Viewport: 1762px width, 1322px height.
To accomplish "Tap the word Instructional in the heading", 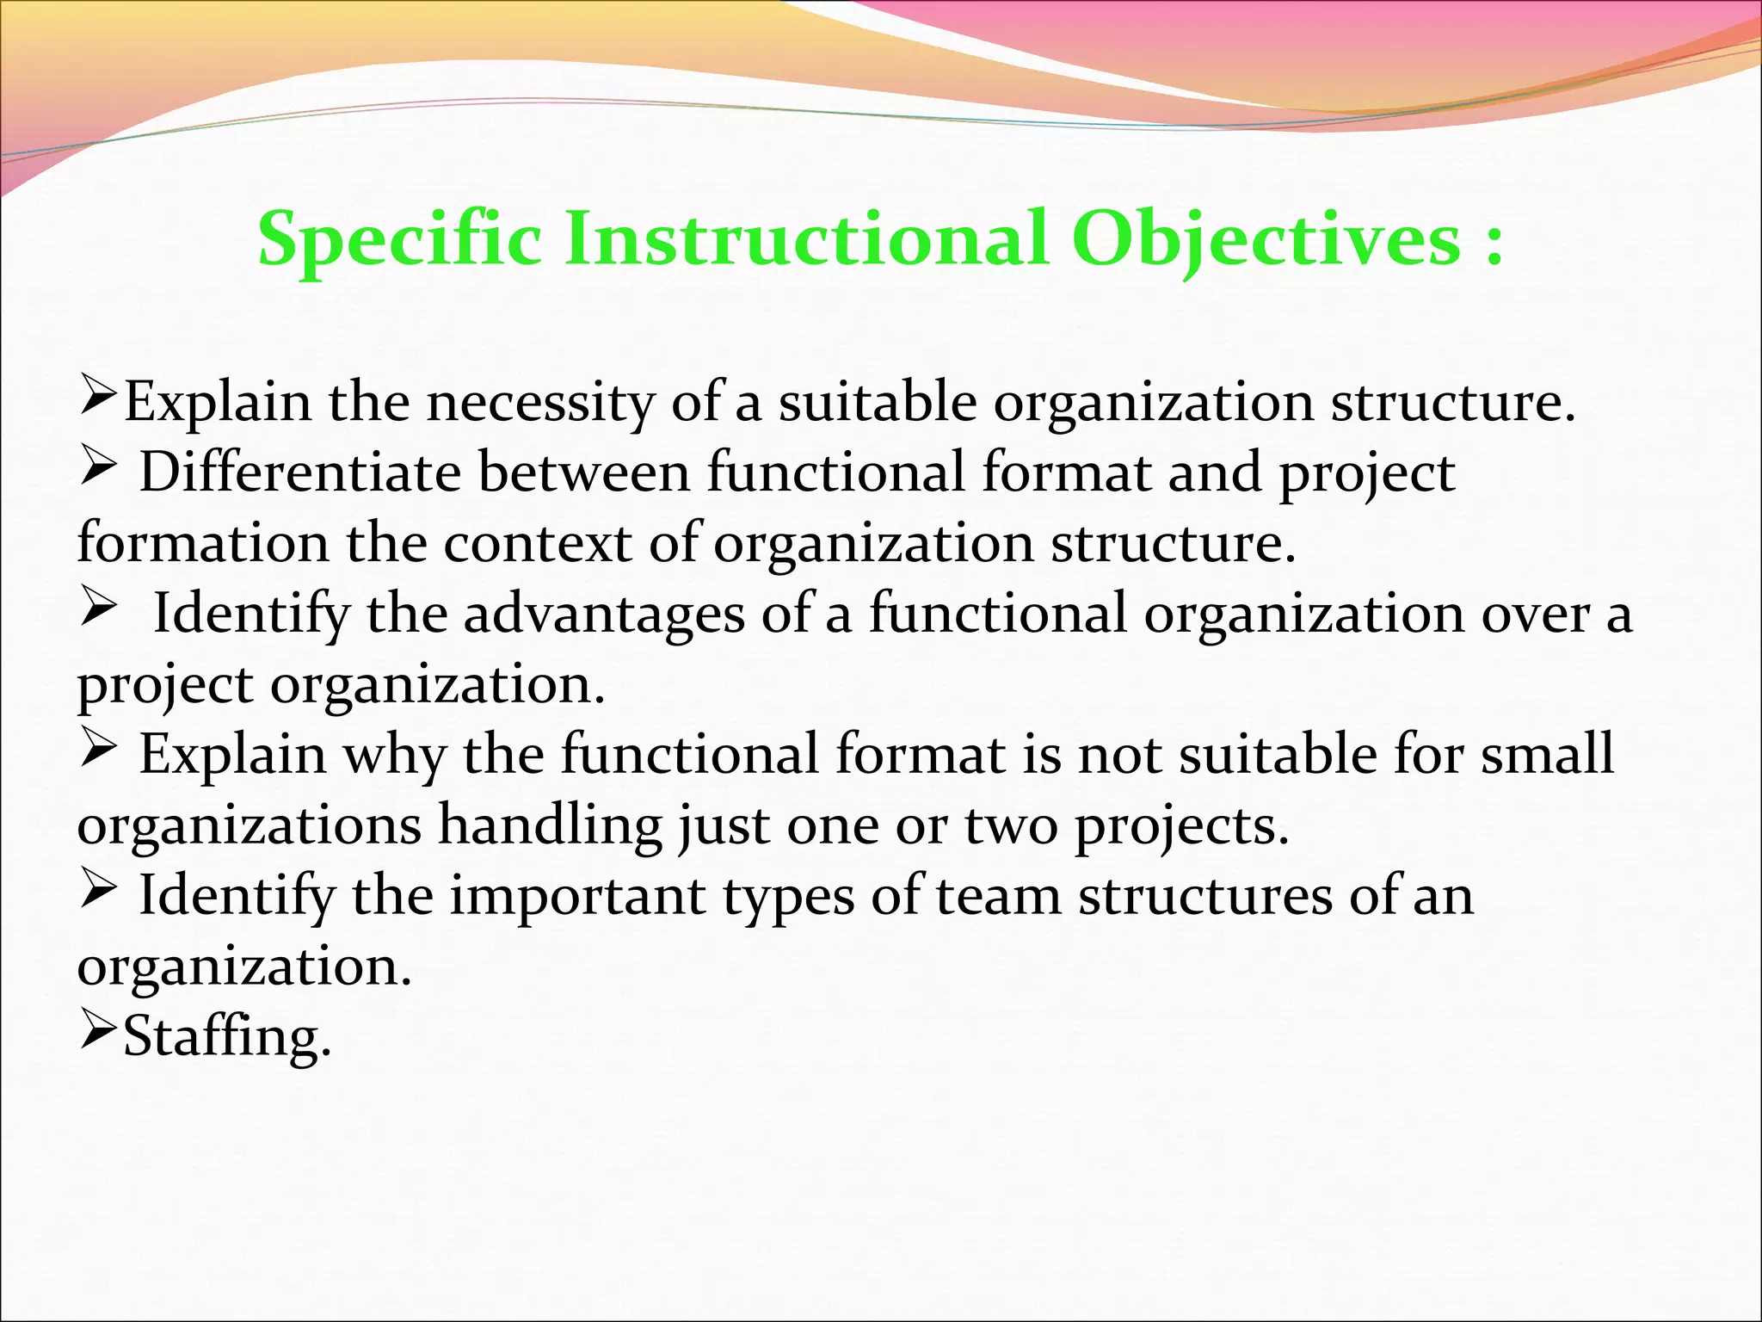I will (x=805, y=239).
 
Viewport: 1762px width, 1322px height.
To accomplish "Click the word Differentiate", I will (x=299, y=473).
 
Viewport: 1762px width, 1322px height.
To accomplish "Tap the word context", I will (x=537, y=544).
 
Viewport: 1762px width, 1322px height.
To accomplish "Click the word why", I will (x=395, y=756).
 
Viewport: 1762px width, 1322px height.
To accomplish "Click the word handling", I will (x=550, y=825).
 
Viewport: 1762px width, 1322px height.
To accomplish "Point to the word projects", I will (x=1181, y=827).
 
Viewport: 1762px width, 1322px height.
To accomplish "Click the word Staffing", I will (x=226, y=1037).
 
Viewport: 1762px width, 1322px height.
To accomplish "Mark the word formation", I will (x=203, y=544).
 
